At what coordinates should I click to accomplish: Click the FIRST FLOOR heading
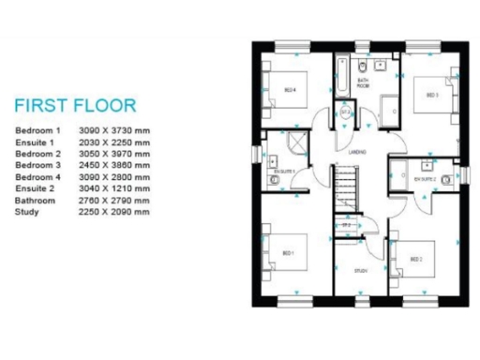pos(76,104)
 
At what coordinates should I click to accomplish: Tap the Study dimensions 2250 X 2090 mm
pos(115,212)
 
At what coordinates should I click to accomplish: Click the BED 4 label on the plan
pos(291,90)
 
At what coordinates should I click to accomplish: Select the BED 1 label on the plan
pos(287,253)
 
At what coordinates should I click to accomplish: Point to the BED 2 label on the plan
pos(416,258)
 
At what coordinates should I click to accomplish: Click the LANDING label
pos(357,151)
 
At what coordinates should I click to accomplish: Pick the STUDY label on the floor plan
pos(361,271)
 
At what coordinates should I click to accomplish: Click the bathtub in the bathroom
pos(345,72)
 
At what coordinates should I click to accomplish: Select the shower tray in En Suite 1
pos(296,144)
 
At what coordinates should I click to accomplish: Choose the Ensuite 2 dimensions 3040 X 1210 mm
pos(115,188)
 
